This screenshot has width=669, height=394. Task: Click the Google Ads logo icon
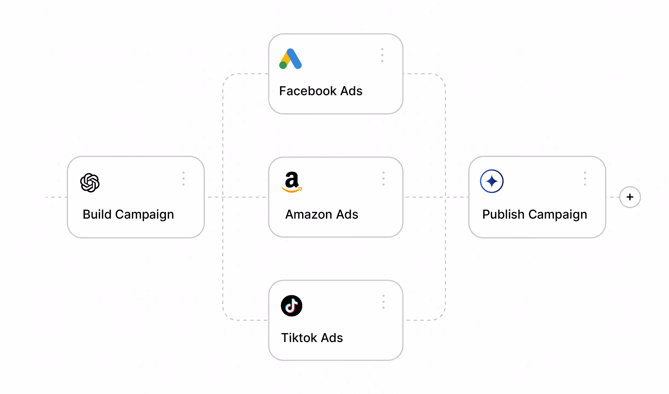290,59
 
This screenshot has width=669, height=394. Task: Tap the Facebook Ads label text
321,91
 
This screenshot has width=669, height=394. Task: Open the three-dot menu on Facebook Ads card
382,55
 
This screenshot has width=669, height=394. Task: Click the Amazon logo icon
292,182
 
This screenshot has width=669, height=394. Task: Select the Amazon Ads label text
322,214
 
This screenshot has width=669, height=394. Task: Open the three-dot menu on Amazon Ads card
383,179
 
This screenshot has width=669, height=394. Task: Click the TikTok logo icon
292,306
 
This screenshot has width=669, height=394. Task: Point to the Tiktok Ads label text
312,338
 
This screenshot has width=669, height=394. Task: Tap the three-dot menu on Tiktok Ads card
383,302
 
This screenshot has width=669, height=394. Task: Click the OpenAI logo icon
90,183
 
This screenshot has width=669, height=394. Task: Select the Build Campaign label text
128,214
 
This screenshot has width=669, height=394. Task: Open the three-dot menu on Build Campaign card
183,179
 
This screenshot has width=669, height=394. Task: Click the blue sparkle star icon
492,181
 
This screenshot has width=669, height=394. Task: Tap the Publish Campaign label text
535,214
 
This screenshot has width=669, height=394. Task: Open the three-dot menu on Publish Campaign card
585,179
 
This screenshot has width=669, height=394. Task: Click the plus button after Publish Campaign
630,197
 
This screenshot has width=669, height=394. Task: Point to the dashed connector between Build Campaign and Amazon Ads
237,197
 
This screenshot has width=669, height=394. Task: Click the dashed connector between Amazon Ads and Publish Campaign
436,197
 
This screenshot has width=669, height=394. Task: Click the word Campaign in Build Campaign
144,215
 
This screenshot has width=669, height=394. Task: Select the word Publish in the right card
503,214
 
